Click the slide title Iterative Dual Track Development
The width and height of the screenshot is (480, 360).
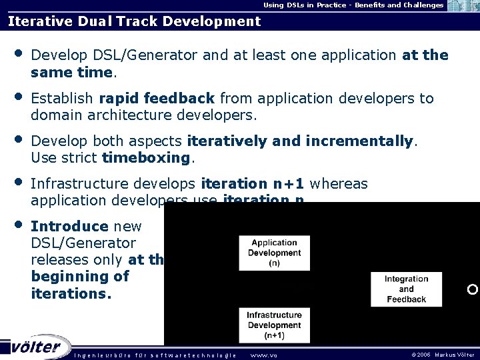(x=134, y=21)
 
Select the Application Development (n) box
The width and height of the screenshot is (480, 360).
(x=274, y=253)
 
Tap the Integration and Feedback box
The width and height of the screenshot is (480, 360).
(x=406, y=289)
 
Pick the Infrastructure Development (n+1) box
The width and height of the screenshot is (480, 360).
(x=274, y=325)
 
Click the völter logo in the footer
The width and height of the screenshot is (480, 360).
(x=37, y=347)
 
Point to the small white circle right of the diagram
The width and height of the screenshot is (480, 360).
(x=472, y=289)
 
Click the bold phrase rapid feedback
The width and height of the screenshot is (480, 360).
(x=157, y=99)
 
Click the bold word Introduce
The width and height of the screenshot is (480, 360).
(x=69, y=227)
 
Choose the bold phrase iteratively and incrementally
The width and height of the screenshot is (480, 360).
(x=301, y=141)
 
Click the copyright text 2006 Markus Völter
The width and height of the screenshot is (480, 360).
(x=443, y=355)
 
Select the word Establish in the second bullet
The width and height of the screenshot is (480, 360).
(x=62, y=99)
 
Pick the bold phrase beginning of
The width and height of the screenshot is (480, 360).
(x=80, y=276)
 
